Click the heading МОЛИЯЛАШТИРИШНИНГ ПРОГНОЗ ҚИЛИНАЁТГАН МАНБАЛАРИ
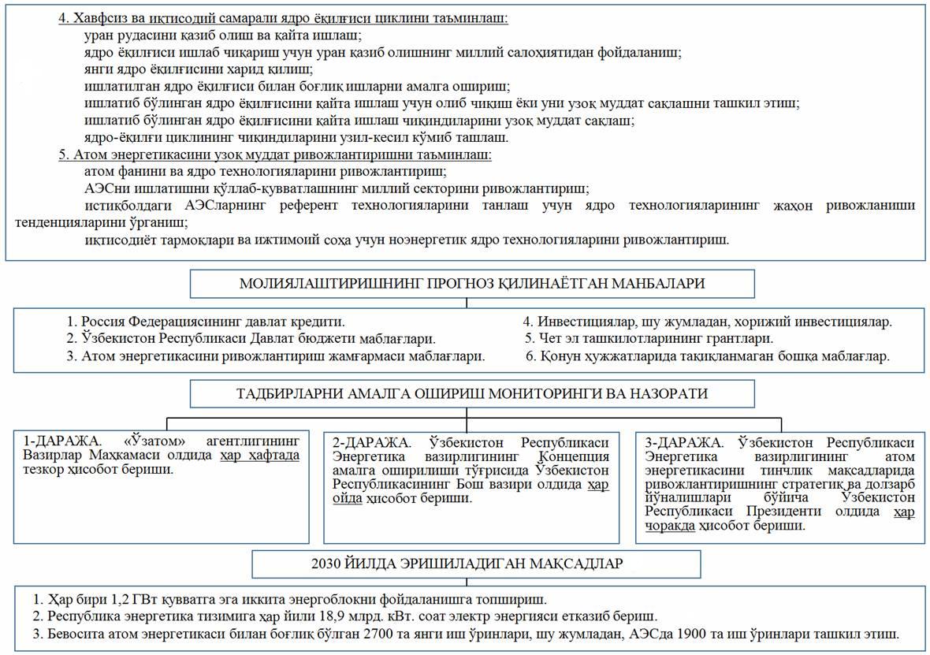point(471,284)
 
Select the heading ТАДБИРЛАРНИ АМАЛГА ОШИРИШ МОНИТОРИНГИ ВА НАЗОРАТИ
point(471,393)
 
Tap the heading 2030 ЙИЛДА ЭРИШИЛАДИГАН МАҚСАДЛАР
point(476,564)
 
